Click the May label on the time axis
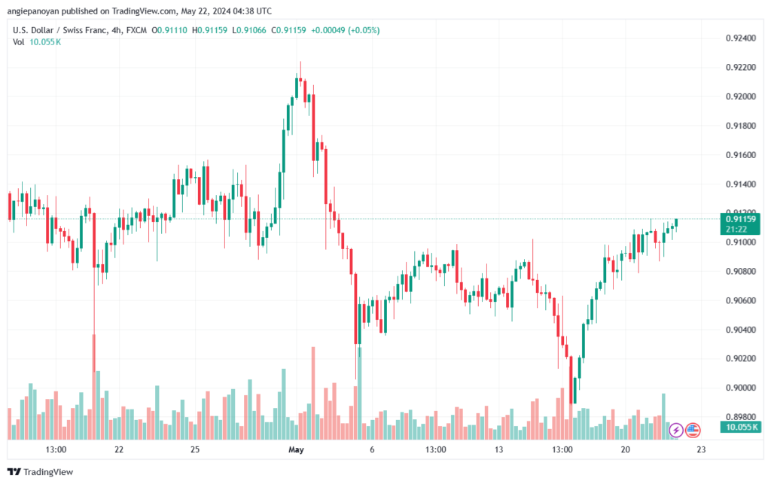point(296,449)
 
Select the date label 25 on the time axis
point(194,449)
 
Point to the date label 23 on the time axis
point(700,449)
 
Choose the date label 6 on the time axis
point(372,449)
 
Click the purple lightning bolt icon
point(676,430)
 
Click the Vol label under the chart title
point(18,41)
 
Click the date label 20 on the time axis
point(626,449)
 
